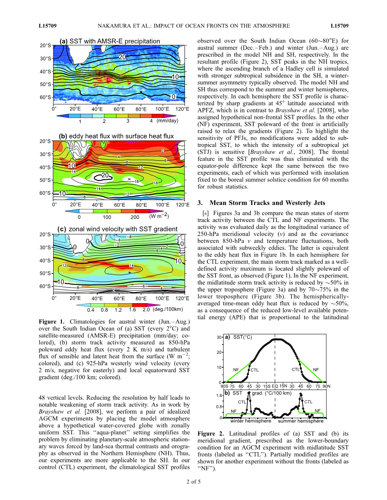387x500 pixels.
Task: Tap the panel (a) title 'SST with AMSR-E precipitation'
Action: (115, 41)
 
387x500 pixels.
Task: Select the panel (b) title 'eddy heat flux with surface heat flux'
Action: (122, 136)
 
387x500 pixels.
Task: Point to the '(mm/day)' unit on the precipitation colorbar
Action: (167, 121)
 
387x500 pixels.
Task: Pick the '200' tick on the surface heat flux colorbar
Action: (135, 217)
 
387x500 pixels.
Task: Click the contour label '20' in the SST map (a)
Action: (122, 57)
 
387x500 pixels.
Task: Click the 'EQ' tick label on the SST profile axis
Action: (275, 386)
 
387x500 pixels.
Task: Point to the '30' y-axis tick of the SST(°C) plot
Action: (218, 337)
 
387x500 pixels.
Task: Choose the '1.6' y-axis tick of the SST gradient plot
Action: (218, 396)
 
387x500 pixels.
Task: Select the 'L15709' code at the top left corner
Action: (48, 26)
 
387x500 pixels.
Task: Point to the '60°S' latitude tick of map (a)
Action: (46, 97)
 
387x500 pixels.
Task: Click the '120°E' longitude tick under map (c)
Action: (183, 298)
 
